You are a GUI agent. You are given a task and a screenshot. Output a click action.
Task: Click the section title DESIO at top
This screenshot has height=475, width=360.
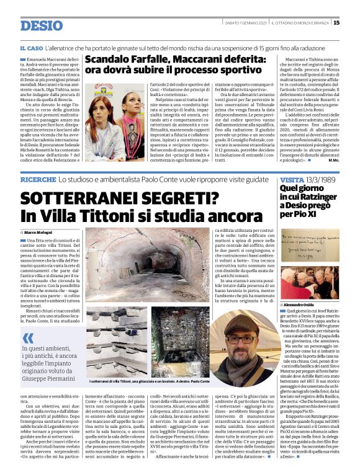(x=41, y=25)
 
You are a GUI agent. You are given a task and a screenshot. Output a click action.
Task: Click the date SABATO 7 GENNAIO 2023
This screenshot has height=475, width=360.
(x=245, y=23)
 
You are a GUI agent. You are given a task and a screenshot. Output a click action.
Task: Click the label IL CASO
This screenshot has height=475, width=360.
(x=31, y=48)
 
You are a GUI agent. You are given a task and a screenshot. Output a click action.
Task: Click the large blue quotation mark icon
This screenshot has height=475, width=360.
(x=28, y=338)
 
